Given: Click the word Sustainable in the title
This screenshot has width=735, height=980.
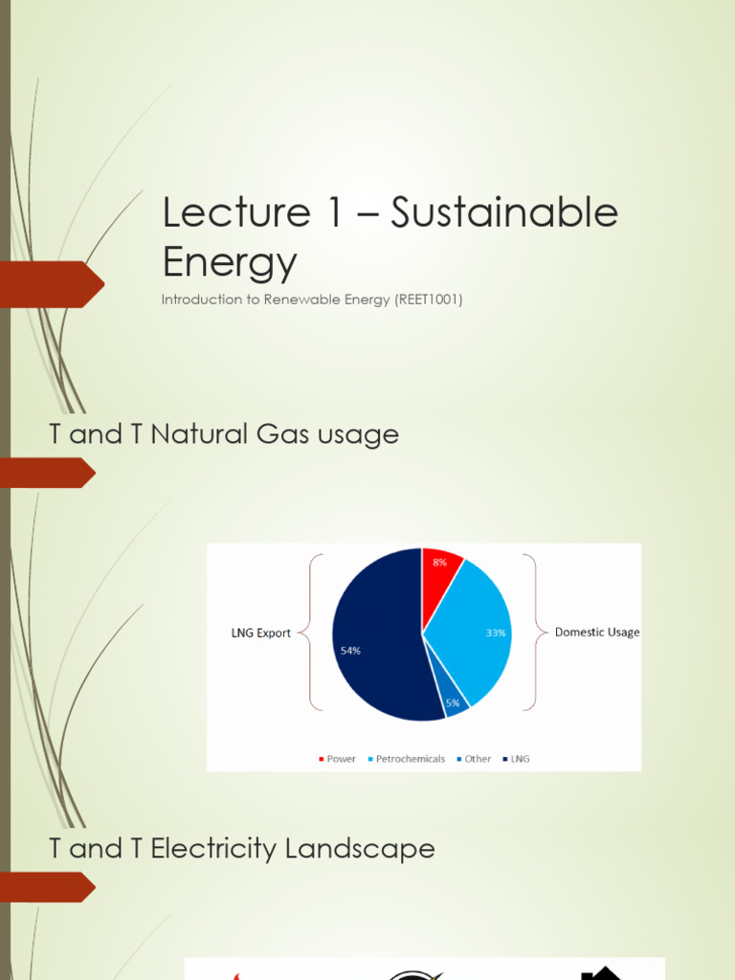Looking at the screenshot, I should (505, 213).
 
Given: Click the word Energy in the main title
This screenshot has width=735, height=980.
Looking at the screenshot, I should (230, 261).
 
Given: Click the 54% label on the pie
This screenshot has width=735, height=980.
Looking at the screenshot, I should (350, 651).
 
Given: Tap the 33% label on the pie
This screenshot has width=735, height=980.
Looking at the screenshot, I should (496, 633).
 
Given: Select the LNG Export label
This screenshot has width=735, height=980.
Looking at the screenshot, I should (260, 634).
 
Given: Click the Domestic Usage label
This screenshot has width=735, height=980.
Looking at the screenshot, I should (597, 633).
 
